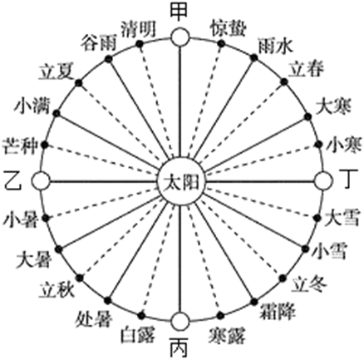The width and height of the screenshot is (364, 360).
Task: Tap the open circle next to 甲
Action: pyautogui.click(x=180, y=37)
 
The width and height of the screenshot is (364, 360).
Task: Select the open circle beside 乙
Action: pyautogui.click(x=41, y=181)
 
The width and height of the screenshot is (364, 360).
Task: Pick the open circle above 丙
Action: pyautogui.click(x=180, y=322)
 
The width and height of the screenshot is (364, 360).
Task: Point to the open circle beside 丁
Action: pyautogui.click(x=323, y=181)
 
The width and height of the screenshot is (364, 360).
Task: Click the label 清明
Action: pyautogui.click(x=138, y=29)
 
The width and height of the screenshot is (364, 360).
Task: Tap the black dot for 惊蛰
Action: pyautogui.click(x=221, y=44)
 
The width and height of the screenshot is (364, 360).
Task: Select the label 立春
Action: pyautogui.click(x=306, y=68)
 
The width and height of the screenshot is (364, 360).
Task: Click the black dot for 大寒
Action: pyautogui.click(x=307, y=116)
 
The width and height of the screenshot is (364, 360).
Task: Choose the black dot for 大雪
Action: pyautogui.click(x=317, y=218)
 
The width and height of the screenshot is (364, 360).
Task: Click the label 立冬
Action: pyautogui.click(x=310, y=284)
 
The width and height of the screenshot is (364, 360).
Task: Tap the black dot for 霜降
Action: pyautogui.click(x=254, y=302)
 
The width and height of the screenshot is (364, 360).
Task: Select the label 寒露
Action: pyautogui.click(x=228, y=335)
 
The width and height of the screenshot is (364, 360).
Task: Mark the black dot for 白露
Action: pyautogui.click(x=141, y=315)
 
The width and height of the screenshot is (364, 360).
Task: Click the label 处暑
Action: pyautogui.click(x=94, y=320)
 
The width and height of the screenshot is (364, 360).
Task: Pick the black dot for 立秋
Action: pyautogui.click(x=80, y=278)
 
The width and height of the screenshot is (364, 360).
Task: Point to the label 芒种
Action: pyautogui.click(x=19, y=146)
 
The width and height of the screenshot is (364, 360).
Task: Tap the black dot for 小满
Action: pyautogui.click(x=57, y=114)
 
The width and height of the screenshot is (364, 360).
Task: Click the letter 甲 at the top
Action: pyautogui.click(x=180, y=12)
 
